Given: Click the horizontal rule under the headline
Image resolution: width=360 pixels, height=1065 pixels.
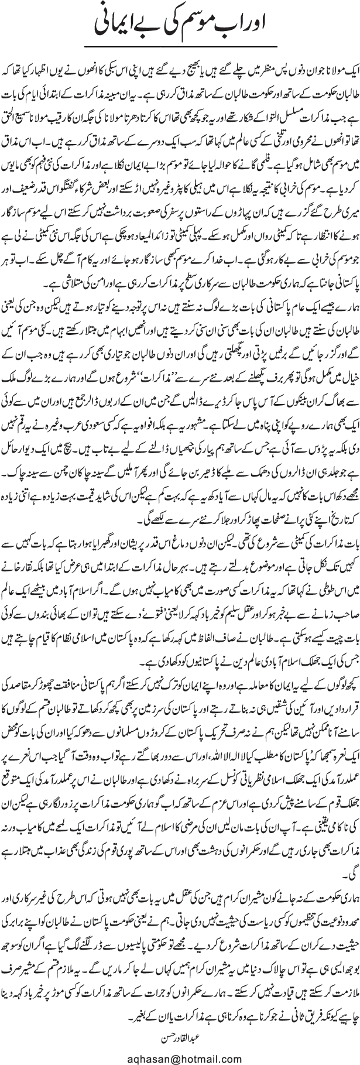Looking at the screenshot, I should pos(179,46).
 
